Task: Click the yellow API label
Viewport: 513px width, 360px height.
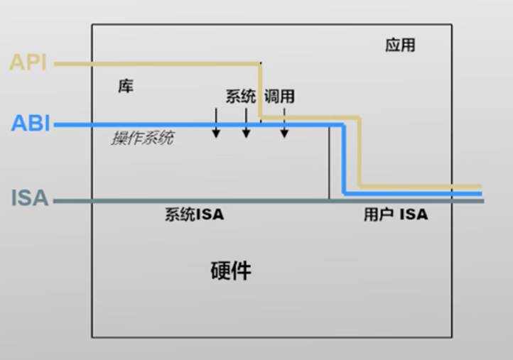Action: pyautogui.click(x=28, y=62)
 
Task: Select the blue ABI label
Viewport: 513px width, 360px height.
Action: pyautogui.click(x=31, y=124)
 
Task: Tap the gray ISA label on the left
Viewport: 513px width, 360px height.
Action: pyautogui.click(x=30, y=198)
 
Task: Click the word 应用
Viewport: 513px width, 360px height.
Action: pyautogui.click(x=400, y=45)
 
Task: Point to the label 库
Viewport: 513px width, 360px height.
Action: pyautogui.click(x=126, y=87)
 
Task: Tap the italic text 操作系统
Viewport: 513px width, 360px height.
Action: pyautogui.click(x=142, y=138)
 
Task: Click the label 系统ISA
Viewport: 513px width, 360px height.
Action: pyautogui.click(x=194, y=214)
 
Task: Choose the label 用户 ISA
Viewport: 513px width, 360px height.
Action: pyautogui.click(x=396, y=214)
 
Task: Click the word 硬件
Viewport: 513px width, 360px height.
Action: pyautogui.click(x=231, y=271)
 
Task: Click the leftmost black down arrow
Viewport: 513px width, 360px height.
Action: pyautogui.click(x=216, y=124)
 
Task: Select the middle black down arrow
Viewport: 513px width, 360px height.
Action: pyautogui.click(x=246, y=124)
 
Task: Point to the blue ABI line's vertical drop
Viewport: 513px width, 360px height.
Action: pyautogui.click(x=344, y=159)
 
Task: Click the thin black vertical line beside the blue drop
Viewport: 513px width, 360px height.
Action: pyautogui.click(x=329, y=163)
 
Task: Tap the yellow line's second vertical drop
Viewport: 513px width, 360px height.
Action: pyautogui.click(x=360, y=152)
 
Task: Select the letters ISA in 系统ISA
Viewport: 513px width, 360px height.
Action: pyautogui.click(x=210, y=214)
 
